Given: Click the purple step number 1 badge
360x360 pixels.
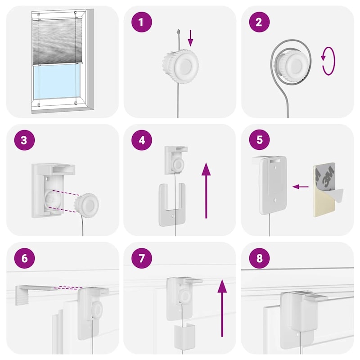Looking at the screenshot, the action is click(x=141, y=22).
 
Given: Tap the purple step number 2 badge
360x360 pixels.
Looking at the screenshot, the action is click(x=259, y=22).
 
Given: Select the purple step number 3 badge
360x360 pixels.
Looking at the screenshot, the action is click(x=24, y=140).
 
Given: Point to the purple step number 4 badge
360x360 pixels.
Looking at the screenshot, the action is click(x=142, y=140).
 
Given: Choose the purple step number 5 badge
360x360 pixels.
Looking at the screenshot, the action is click(x=259, y=139).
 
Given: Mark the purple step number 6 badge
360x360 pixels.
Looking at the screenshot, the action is click(x=24, y=258).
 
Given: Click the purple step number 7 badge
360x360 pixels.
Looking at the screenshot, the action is click(x=142, y=258).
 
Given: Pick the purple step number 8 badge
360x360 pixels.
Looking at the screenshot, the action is click(x=259, y=258).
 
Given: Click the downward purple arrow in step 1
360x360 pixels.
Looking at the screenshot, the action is click(x=190, y=38).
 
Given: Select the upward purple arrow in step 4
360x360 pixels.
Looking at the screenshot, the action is click(x=206, y=190).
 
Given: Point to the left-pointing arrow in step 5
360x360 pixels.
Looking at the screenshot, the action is click(x=301, y=187).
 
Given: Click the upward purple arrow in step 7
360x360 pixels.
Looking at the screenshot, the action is click(x=222, y=308).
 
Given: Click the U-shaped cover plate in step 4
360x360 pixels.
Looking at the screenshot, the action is click(x=172, y=204).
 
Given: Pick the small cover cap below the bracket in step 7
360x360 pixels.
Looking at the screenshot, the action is click(x=184, y=335).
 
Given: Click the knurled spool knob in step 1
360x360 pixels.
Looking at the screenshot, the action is click(x=180, y=66).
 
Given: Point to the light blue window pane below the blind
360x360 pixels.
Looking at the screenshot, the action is click(x=57, y=82).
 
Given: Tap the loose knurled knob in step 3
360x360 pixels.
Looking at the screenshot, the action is click(x=86, y=206).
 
